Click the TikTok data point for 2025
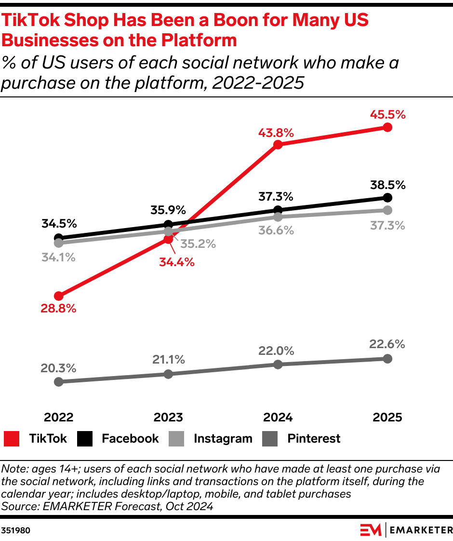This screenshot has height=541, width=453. click(387, 127)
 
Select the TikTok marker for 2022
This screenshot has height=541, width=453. click(59, 296)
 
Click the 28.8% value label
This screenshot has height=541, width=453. click(58, 309)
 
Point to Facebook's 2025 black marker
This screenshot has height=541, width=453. click(387, 198)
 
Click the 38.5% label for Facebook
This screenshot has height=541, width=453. click(387, 185)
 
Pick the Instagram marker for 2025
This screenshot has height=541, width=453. click(387, 210)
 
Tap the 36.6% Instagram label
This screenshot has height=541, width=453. click(277, 230)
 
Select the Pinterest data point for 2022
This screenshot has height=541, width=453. click(59, 381)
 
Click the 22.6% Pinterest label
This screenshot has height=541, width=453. click(387, 345)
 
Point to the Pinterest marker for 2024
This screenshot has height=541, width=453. click(278, 365)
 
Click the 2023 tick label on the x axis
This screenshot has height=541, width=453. click(168, 417)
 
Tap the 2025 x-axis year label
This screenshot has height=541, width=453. click(387, 417)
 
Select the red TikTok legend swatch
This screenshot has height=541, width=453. click(12, 439)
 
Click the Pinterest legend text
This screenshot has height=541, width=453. click(314, 439)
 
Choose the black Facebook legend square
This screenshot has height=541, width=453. click(85, 439)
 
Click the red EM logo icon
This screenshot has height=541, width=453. click(371, 530)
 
